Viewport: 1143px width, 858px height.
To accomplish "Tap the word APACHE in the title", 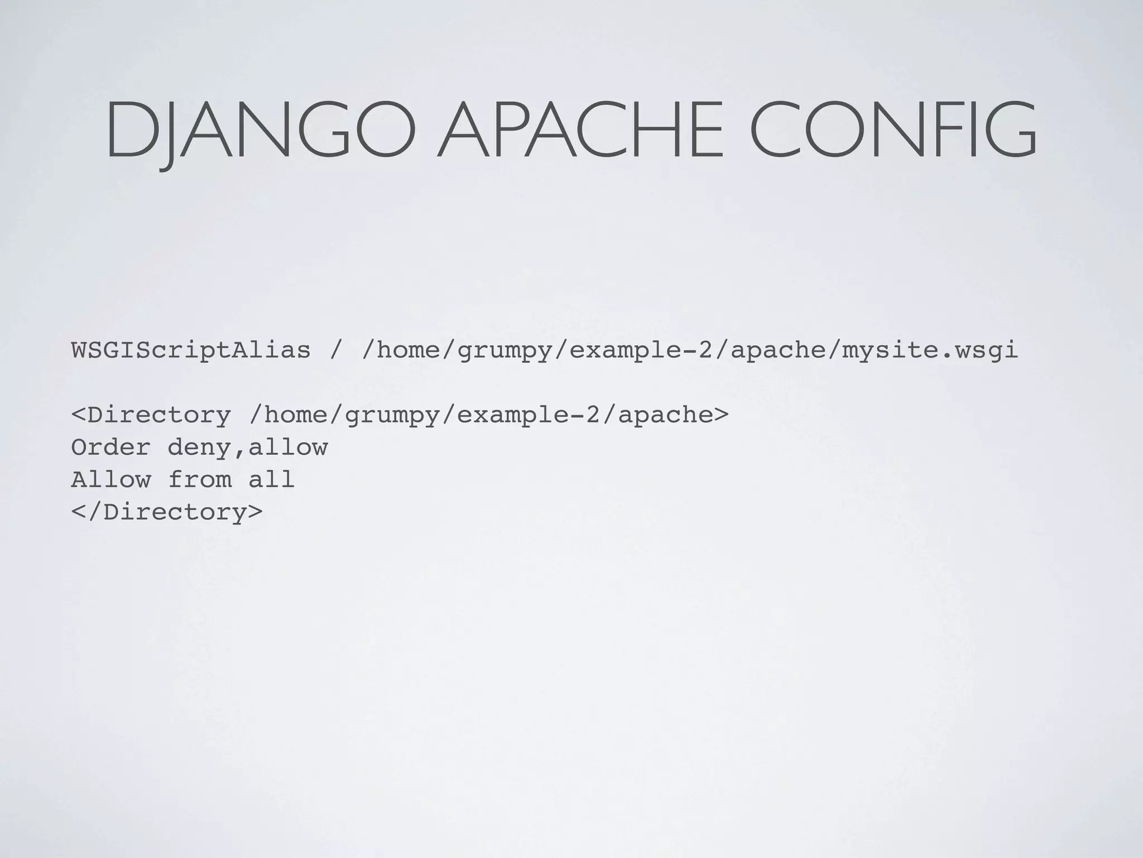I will point(580,130).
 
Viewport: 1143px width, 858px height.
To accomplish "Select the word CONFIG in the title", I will point(893,130).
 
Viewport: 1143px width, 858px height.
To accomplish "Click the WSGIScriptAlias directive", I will point(191,351).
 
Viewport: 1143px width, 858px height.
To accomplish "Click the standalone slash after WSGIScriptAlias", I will point(335,351).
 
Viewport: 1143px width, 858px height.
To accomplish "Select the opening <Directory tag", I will point(151,415).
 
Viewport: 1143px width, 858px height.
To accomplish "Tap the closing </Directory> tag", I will point(166,512).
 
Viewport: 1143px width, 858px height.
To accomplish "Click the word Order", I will point(111,447).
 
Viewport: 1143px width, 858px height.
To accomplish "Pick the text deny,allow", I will point(247,447).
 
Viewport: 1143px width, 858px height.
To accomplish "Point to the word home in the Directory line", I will point(295,415).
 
